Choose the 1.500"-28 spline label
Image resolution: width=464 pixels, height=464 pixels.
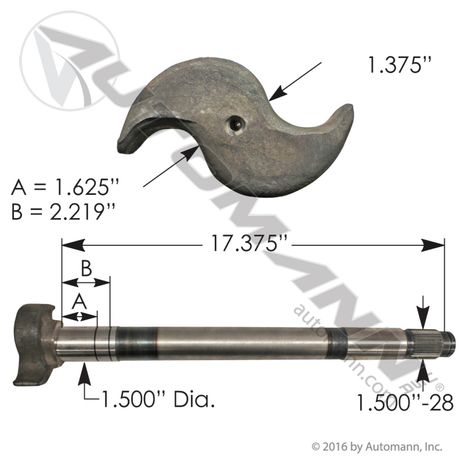coord(405,402)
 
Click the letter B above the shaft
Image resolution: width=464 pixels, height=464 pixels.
coord(86,268)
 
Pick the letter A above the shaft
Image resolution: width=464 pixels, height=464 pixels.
coord(80,302)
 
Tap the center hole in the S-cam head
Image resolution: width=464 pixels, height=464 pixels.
coord(235,125)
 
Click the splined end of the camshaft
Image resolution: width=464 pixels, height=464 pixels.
coord(430,343)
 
